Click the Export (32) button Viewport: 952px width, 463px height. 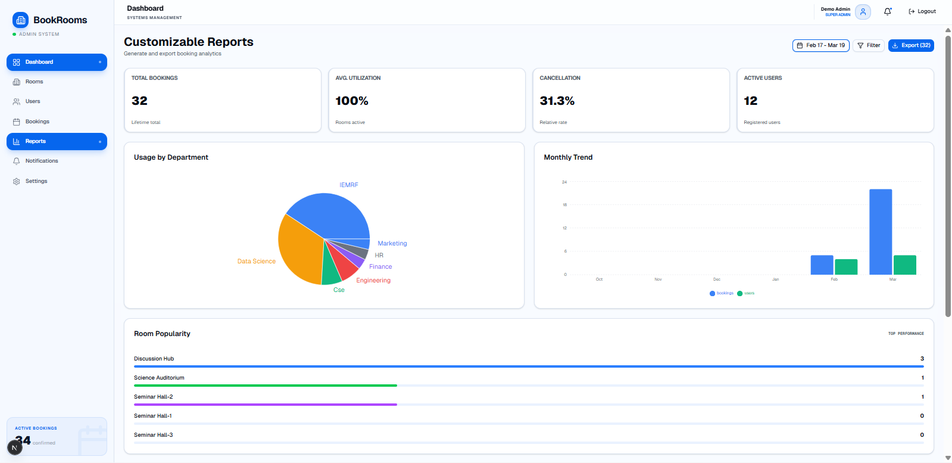(911, 45)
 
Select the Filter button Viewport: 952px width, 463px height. (869, 45)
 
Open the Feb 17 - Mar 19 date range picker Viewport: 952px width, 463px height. (820, 45)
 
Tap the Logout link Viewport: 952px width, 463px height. (922, 11)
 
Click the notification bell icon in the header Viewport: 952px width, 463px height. (888, 11)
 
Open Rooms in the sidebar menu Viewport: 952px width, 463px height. (34, 82)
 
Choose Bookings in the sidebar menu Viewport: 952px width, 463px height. (37, 122)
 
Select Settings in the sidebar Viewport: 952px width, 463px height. (36, 181)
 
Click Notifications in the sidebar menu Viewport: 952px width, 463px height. (41, 161)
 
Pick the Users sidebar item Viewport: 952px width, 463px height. (33, 101)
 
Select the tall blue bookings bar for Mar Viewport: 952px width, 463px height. (881, 232)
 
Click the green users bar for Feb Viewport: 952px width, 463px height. (846, 267)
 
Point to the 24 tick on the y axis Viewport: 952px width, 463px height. (564, 182)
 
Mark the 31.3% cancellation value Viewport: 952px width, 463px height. (557, 101)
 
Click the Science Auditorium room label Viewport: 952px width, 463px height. (159, 378)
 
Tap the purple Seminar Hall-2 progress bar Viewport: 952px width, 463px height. (266, 405)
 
